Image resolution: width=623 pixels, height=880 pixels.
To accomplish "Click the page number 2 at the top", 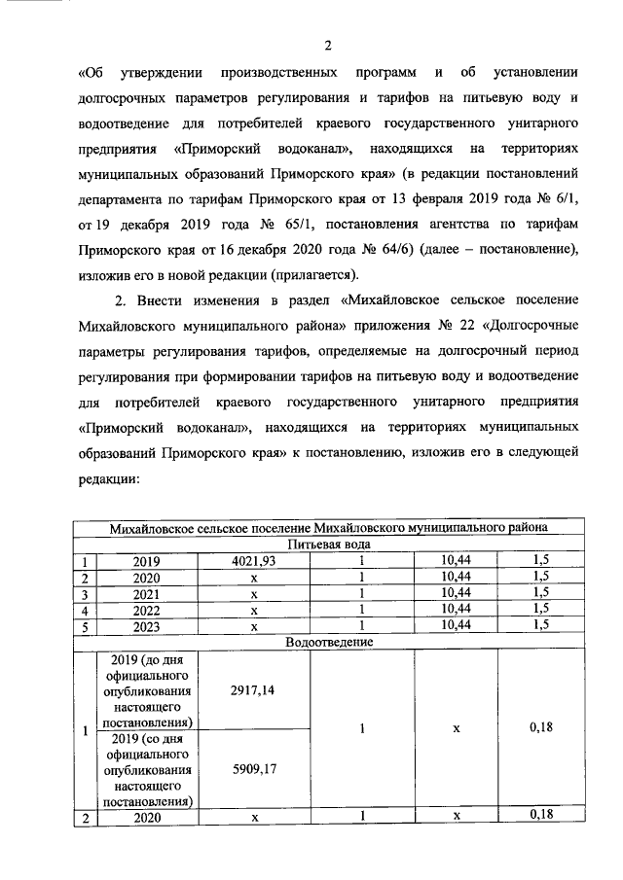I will (x=328, y=45).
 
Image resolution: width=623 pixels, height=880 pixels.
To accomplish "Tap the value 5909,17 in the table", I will (x=254, y=769).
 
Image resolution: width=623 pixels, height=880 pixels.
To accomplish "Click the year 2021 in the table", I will (x=149, y=593).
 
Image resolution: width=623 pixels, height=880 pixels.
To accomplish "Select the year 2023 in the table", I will (x=149, y=625).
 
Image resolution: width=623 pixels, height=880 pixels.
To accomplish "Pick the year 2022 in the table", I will (x=149, y=610).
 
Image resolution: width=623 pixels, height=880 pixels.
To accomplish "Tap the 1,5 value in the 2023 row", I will (x=540, y=625).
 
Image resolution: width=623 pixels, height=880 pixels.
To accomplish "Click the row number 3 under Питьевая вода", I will (x=87, y=593).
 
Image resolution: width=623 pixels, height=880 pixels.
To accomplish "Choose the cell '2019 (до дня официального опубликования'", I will (x=149, y=689).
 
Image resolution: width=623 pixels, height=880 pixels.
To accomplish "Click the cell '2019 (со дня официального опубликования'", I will (x=149, y=769).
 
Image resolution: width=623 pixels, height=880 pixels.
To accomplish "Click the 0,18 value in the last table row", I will (x=540, y=818).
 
